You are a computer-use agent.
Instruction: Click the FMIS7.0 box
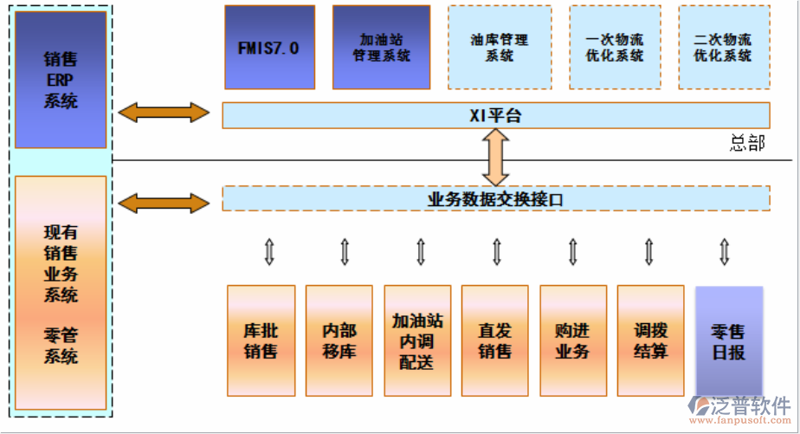tap(269, 48)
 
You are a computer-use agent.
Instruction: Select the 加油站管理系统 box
tap(381, 48)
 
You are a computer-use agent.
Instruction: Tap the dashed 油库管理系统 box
tap(500, 48)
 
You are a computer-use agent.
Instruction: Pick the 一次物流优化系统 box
tap(615, 48)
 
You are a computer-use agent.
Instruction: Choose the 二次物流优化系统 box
tap(724, 48)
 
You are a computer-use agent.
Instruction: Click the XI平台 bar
tap(495, 115)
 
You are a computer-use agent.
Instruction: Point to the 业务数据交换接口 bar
tap(495, 198)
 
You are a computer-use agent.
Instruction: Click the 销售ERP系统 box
tap(61, 79)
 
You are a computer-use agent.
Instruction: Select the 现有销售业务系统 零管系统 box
tap(61, 293)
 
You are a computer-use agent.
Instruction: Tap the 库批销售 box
tap(261, 340)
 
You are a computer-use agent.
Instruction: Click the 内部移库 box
tap(339, 340)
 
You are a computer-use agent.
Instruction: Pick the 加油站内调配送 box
tap(417, 340)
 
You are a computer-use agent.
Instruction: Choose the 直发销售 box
tap(495, 340)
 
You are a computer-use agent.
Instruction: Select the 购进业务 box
tap(572, 340)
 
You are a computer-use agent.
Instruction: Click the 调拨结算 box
tap(650, 340)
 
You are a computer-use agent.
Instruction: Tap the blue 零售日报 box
tap(728, 340)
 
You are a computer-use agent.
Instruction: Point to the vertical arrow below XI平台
tap(495, 157)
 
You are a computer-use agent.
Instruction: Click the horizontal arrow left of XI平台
tap(165, 113)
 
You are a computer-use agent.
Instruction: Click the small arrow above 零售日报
tap(725, 251)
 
